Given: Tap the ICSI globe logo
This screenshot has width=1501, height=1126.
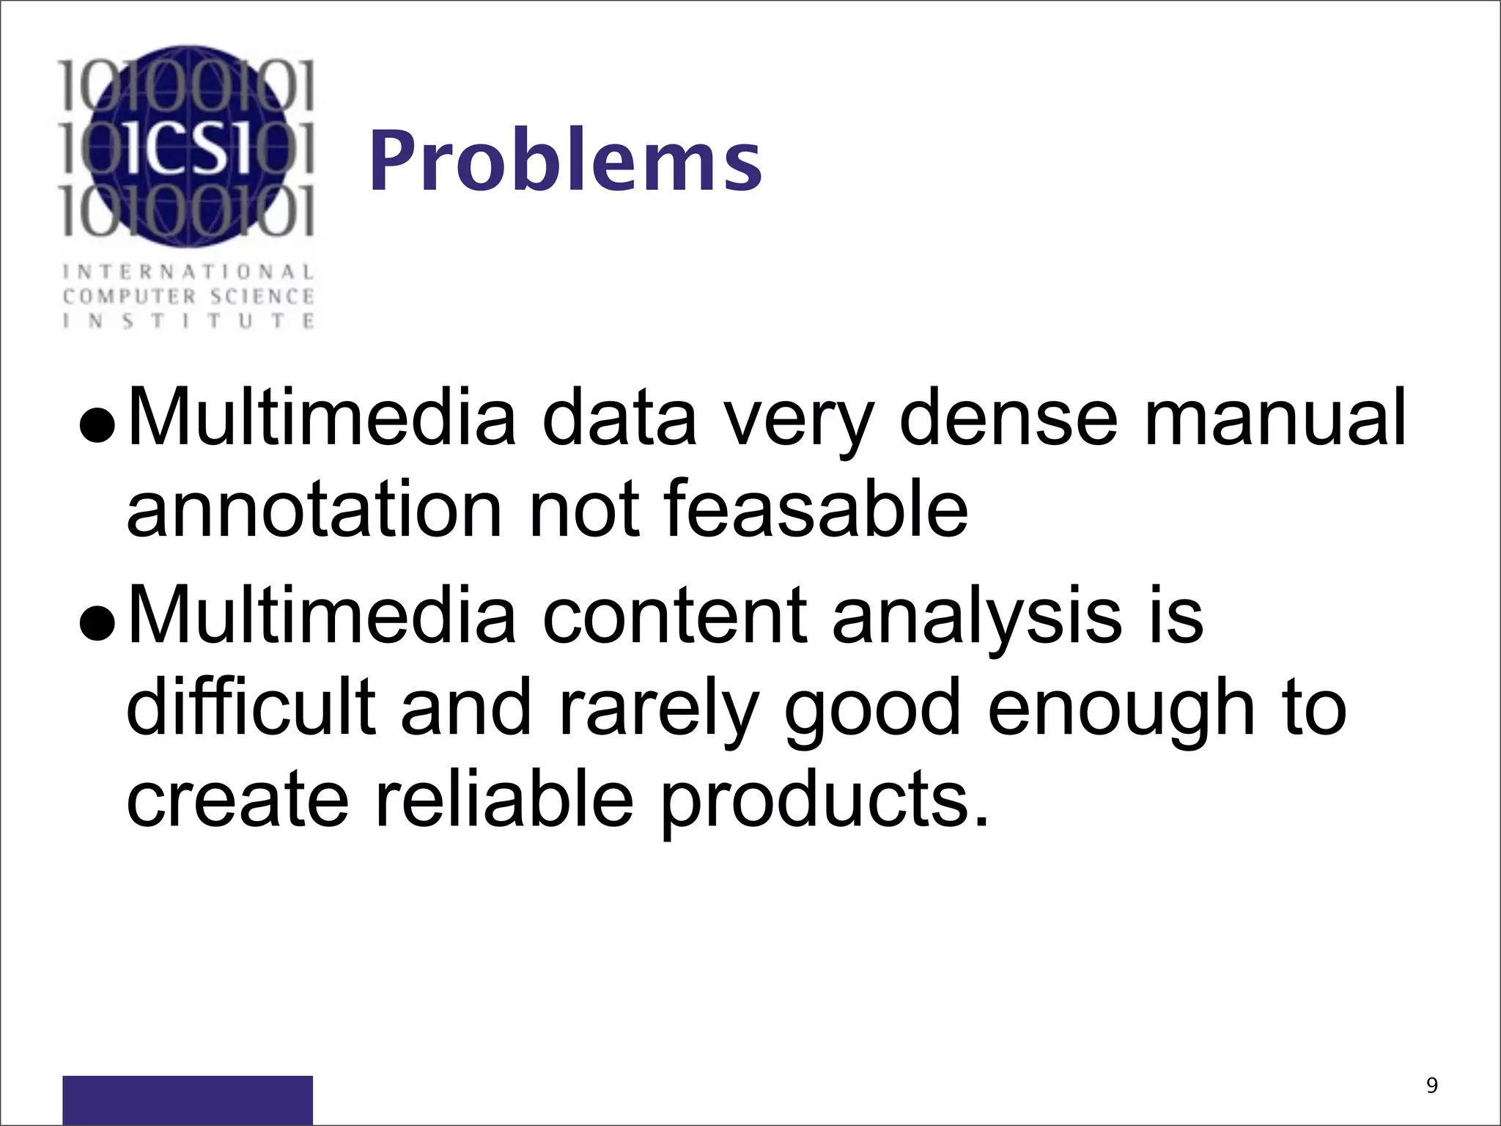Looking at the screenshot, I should click(187, 146).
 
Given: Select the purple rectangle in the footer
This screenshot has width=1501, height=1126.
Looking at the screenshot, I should click(188, 1099).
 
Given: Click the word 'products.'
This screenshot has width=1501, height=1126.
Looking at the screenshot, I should click(825, 801).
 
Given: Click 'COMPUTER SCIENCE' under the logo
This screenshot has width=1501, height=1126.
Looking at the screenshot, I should click(188, 297).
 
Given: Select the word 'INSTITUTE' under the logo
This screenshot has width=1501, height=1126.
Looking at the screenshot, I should click(188, 321).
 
